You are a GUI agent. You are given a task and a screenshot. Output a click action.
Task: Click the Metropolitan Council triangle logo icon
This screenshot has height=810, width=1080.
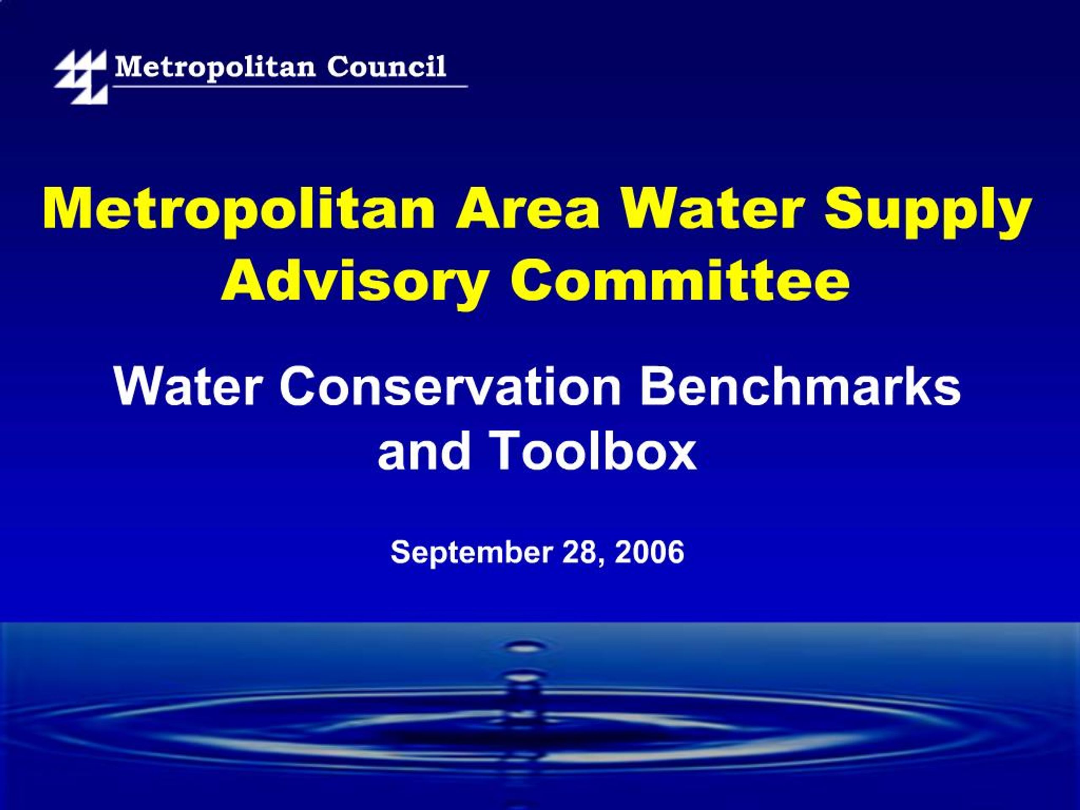pos(81,76)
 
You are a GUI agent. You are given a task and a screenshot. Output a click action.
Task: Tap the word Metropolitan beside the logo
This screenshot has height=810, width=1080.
pos(215,67)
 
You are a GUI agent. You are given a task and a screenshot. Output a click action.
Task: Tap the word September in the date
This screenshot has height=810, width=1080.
pos(471,553)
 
